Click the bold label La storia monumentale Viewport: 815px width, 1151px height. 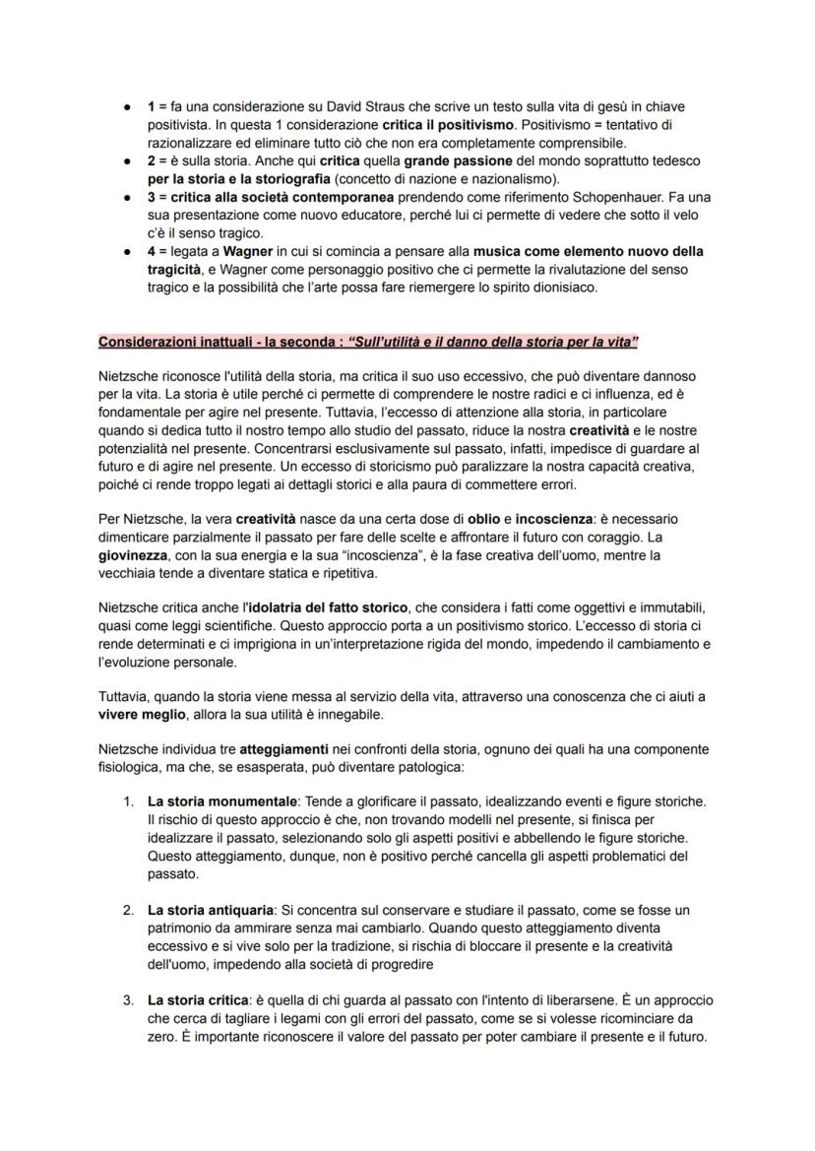click(225, 801)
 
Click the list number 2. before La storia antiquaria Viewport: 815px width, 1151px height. click(129, 910)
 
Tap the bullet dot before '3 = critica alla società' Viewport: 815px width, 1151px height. click(130, 197)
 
